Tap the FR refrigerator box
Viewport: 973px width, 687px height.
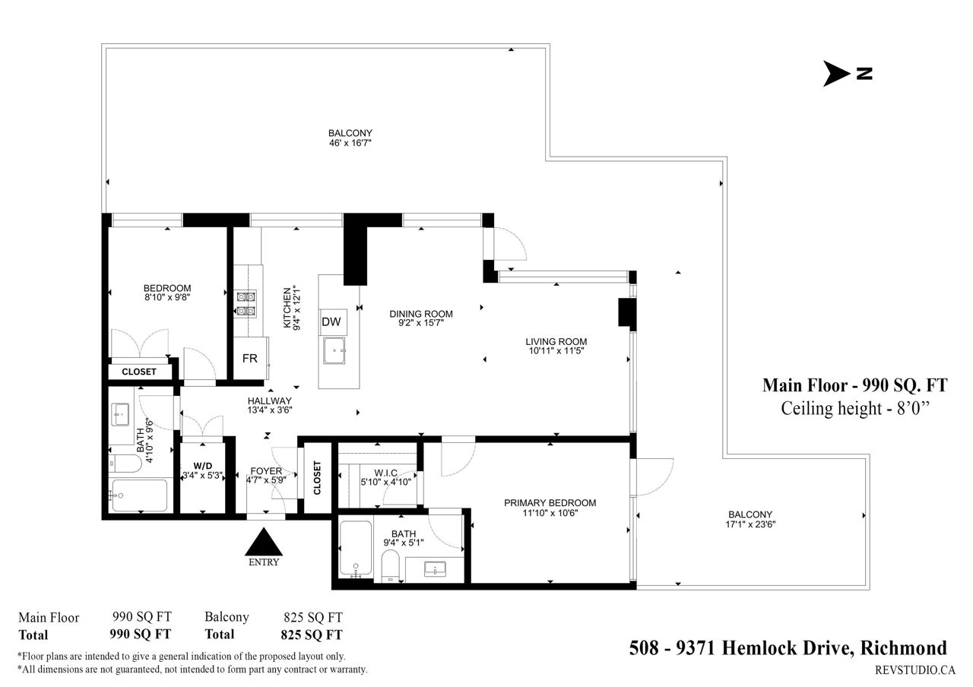[250, 358]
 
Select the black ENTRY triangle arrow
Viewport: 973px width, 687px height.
[264, 542]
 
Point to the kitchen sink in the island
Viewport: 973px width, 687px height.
[334, 350]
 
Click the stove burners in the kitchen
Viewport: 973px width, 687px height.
[246, 303]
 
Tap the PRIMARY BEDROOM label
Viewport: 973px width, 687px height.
[550, 503]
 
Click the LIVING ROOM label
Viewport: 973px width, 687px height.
[556, 342]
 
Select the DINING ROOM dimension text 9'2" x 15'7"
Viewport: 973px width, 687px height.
[421, 323]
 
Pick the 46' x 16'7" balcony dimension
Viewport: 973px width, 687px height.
[350, 143]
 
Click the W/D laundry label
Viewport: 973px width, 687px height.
[203, 466]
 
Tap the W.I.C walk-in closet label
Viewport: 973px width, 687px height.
[385, 473]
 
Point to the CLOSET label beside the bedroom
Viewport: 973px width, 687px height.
[139, 372]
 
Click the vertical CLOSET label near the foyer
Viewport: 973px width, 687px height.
[317, 478]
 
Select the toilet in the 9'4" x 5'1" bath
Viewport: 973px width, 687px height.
[391, 566]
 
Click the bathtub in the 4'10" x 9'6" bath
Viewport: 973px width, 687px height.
[140, 495]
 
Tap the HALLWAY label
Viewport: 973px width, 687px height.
[270, 400]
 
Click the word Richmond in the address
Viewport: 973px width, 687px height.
[904, 648]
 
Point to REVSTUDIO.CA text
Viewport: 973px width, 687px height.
[915, 670]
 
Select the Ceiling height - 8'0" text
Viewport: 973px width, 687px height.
[855, 409]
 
